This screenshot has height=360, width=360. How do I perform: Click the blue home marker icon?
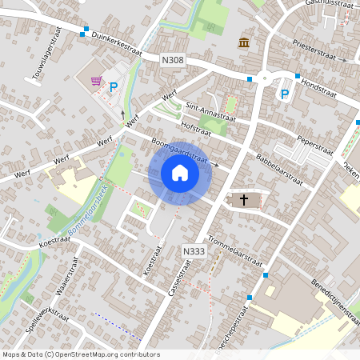(x=180, y=173)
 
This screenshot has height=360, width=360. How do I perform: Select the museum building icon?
(x=242, y=42)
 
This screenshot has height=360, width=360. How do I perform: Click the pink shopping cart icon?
(x=97, y=80)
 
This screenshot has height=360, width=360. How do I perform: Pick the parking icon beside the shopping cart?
(x=113, y=87)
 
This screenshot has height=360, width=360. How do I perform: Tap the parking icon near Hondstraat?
(x=283, y=94)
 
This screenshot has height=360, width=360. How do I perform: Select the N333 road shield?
(x=193, y=250)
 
